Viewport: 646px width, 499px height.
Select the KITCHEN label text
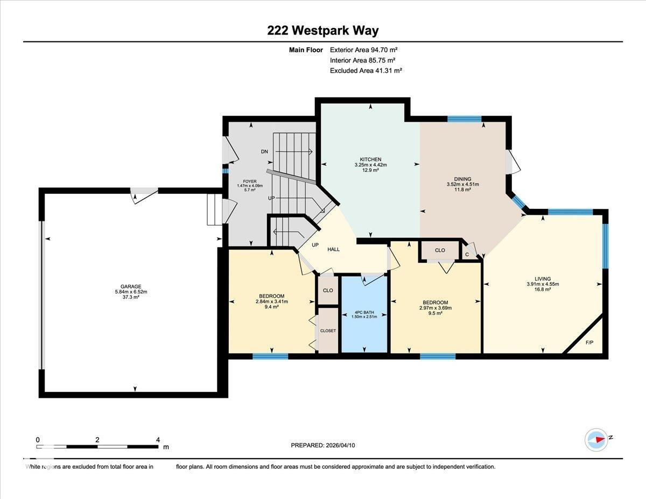(x=370, y=159)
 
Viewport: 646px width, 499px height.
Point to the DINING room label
(x=462, y=179)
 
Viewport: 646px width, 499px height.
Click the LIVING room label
(x=543, y=279)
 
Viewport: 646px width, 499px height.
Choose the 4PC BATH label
(x=364, y=312)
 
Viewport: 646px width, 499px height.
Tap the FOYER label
(x=249, y=181)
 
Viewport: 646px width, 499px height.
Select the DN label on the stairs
(x=264, y=152)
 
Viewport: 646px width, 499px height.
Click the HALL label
(x=334, y=249)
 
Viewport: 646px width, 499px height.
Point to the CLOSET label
(x=328, y=331)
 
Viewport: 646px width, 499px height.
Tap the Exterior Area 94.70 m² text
(x=363, y=50)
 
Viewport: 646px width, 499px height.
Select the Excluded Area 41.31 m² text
(x=366, y=71)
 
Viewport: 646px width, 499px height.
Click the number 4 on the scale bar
(x=158, y=440)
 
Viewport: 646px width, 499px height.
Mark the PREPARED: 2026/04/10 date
(x=323, y=445)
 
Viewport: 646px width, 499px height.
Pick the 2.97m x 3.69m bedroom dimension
(x=435, y=308)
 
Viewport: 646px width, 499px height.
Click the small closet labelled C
(x=467, y=254)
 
